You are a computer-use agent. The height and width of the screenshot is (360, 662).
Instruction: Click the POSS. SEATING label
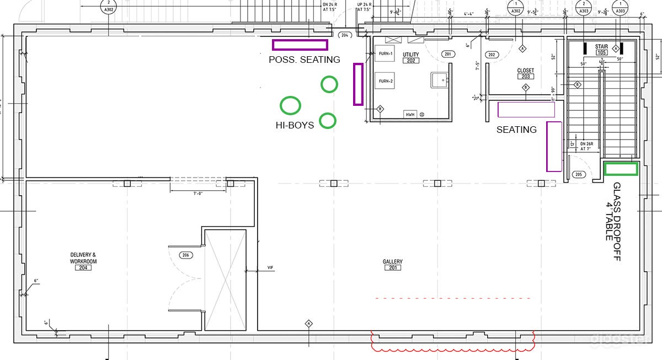click(x=305, y=60)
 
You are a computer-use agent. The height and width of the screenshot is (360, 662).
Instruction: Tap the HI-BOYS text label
click(x=295, y=125)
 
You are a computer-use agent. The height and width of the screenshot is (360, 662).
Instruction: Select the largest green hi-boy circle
click(x=291, y=105)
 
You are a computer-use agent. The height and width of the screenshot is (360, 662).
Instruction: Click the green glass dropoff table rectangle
click(x=621, y=169)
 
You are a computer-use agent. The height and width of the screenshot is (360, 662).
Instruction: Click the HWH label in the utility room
click(x=410, y=115)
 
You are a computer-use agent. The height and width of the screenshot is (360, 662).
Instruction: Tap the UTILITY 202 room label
click(x=411, y=58)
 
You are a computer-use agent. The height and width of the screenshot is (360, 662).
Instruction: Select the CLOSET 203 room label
click(x=525, y=74)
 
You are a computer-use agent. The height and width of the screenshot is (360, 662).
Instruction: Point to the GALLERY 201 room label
click(x=392, y=265)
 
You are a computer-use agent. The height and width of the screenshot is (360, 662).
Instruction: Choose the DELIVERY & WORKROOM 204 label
click(x=83, y=261)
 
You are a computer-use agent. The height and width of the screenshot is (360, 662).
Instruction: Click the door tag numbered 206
click(x=186, y=255)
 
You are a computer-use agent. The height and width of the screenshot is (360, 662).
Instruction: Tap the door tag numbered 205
click(x=578, y=175)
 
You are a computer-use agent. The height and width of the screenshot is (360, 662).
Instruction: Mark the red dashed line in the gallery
click(x=452, y=298)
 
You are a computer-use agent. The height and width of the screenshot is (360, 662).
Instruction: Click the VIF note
click(x=270, y=268)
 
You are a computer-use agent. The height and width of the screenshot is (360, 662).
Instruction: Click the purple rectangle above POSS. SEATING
click(x=300, y=45)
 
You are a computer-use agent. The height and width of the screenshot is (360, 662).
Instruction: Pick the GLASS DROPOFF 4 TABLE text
click(x=613, y=221)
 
